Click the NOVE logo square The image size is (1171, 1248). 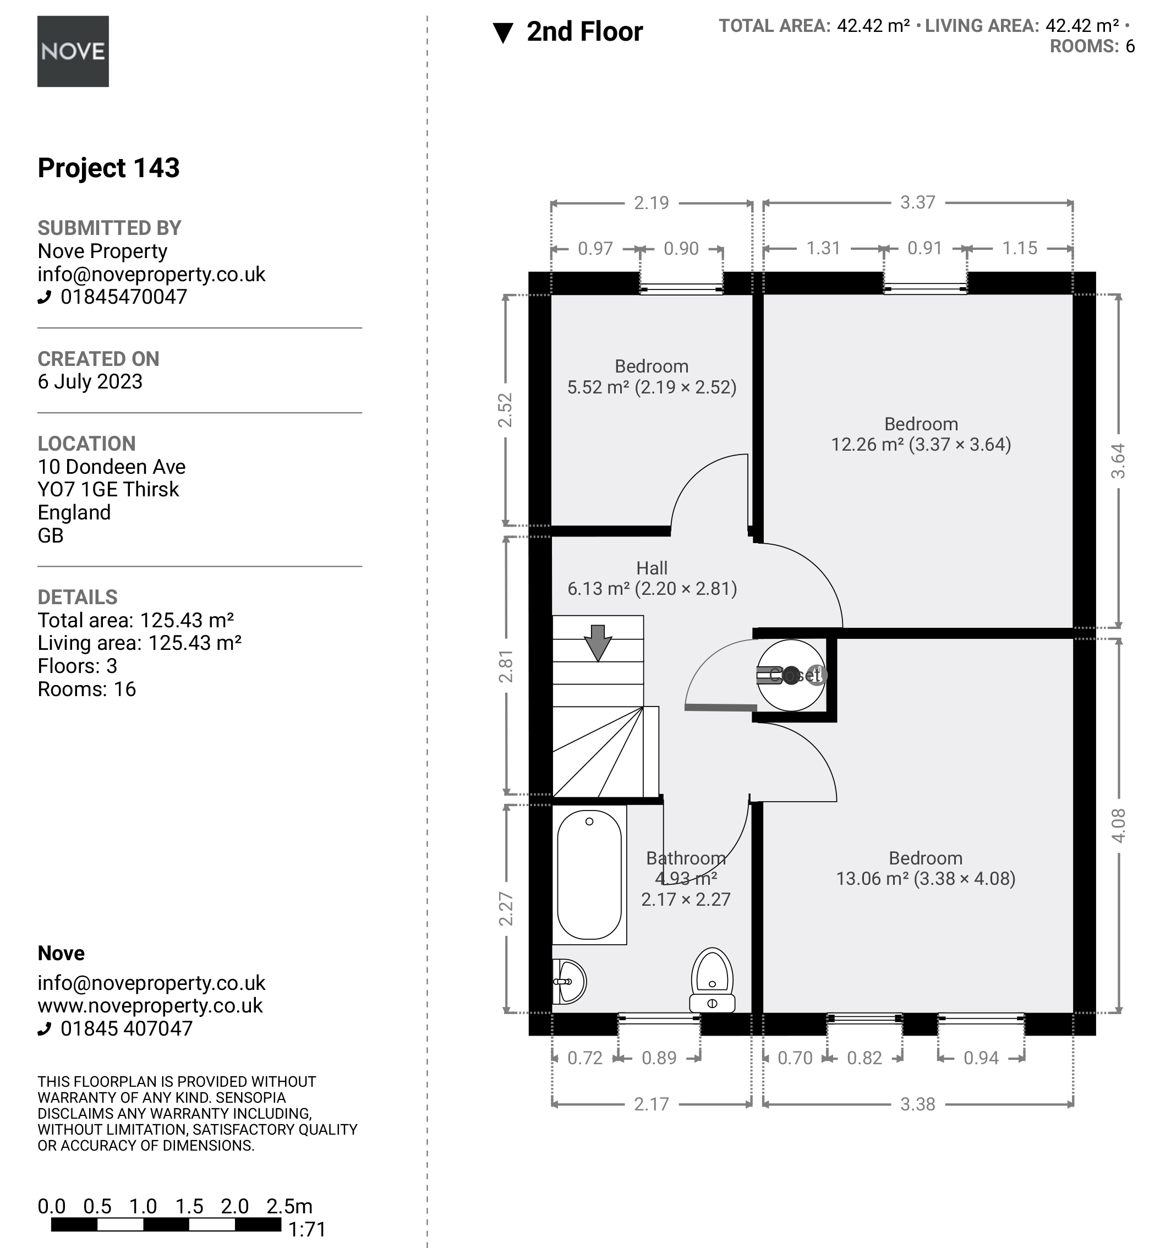pos(73,52)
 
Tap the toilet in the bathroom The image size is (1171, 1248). pos(712,980)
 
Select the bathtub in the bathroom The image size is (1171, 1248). pos(589,875)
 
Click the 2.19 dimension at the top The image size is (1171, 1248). pos(651,202)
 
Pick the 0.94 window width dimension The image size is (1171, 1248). pos(981,1058)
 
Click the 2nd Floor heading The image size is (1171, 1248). pos(584,31)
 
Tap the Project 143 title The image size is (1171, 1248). pos(108,168)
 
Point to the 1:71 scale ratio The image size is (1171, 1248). pos(307,1229)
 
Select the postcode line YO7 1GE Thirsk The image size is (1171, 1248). pos(108,489)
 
